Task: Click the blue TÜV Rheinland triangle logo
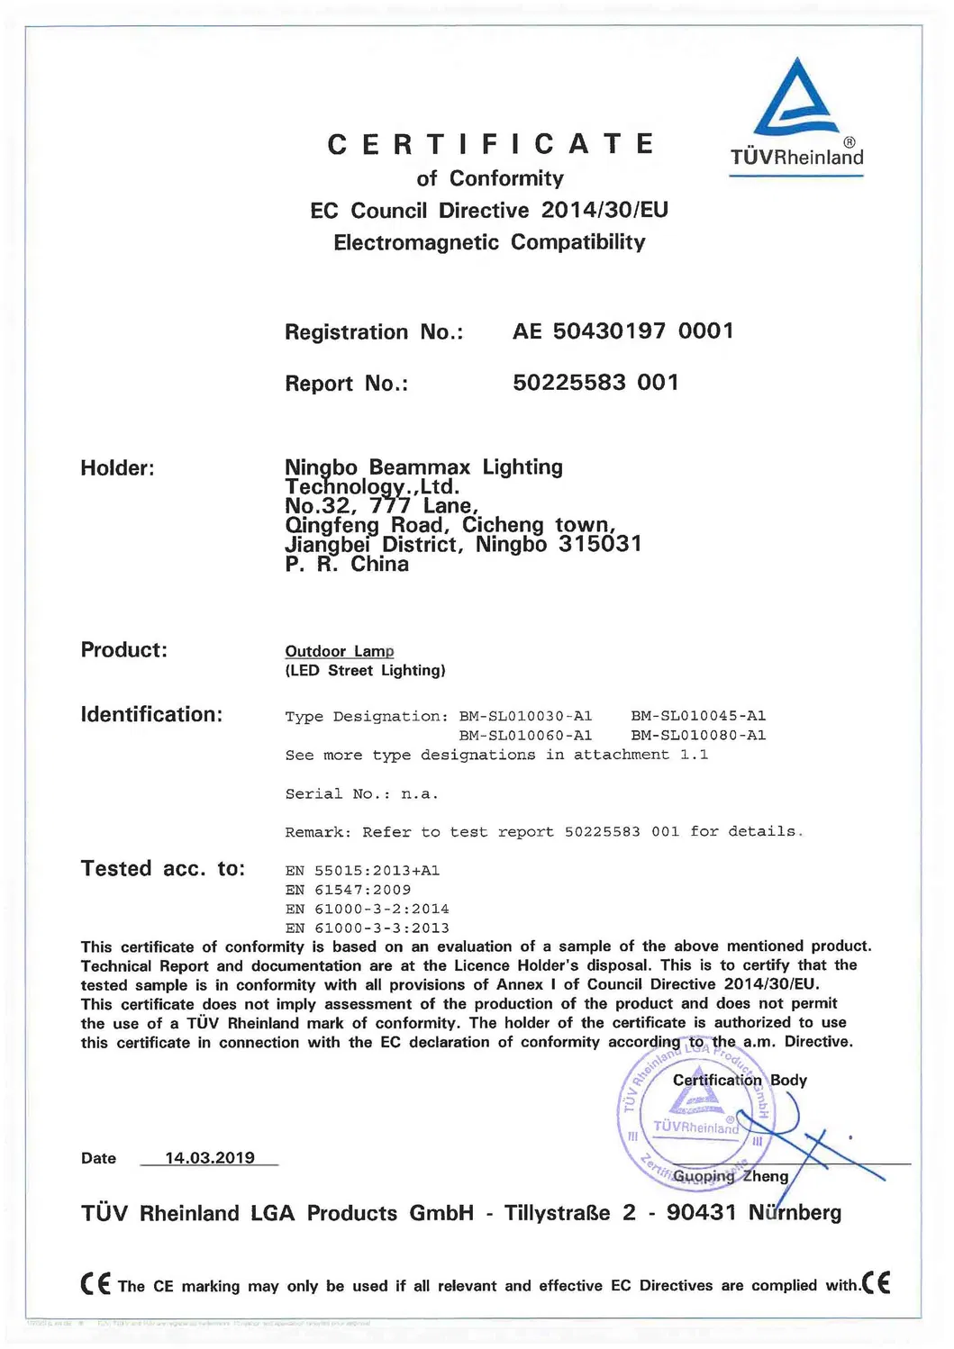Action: [x=795, y=99]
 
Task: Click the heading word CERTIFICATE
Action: [x=491, y=144]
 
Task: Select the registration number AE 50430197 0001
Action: [x=622, y=331]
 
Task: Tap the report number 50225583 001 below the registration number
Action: [x=595, y=383]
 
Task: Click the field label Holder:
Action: [x=117, y=468]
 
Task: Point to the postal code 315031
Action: [x=600, y=545]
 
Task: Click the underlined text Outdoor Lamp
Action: [x=340, y=651]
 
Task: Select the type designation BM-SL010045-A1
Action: [x=698, y=716]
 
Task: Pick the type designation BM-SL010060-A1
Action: [x=525, y=736]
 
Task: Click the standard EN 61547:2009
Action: [x=348, y=890]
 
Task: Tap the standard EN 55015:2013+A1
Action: [x=362, y=871]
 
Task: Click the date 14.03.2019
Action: [x=210, y=1158]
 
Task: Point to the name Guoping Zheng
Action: [x=731, y=1176]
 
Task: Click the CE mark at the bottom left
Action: [x=95, y=1283]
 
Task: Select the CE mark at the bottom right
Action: [x=877, y=1282]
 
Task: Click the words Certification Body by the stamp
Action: [x=740, y=1080]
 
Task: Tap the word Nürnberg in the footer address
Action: [x=795, y=1213]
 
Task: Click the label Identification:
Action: [x=151, y=715]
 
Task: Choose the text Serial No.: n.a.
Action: [x=361, y=794]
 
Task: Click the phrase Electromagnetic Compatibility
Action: [x=489, y=242]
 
